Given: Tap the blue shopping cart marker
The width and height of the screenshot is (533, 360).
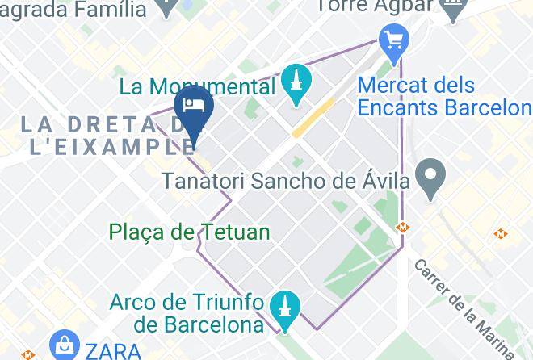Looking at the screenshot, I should [393, 40].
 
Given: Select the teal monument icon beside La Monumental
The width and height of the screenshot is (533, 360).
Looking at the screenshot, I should [296, 82].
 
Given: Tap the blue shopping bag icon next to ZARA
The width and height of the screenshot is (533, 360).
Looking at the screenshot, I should [62, 348].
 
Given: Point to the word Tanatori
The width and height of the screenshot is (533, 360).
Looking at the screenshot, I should [205, 182].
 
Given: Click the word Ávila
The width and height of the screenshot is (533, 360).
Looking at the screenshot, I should [387, 182].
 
